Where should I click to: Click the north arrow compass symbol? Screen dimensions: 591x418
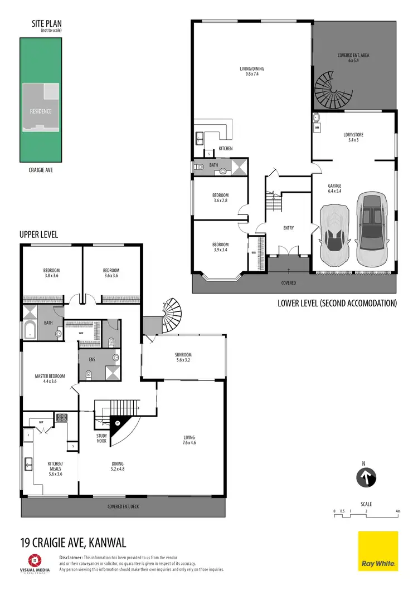click(366, 477)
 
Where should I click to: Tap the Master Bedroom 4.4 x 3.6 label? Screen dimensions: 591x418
click(50, 379)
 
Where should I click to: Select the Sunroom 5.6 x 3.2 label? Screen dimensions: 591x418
click(183, 357)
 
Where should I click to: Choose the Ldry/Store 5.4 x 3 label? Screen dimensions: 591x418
click(354, 138)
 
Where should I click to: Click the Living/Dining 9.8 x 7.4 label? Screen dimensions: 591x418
click(252, 71)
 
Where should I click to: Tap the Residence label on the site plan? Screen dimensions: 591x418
click(40, 111)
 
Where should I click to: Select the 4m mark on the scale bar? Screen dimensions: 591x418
click(397, 511)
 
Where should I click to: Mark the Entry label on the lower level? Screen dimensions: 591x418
click(288, 228)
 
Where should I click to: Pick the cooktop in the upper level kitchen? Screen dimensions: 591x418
click(61, 417)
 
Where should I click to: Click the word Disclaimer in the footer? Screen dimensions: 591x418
click(71, 557)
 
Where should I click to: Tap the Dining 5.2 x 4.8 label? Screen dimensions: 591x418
click(117, 466)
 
